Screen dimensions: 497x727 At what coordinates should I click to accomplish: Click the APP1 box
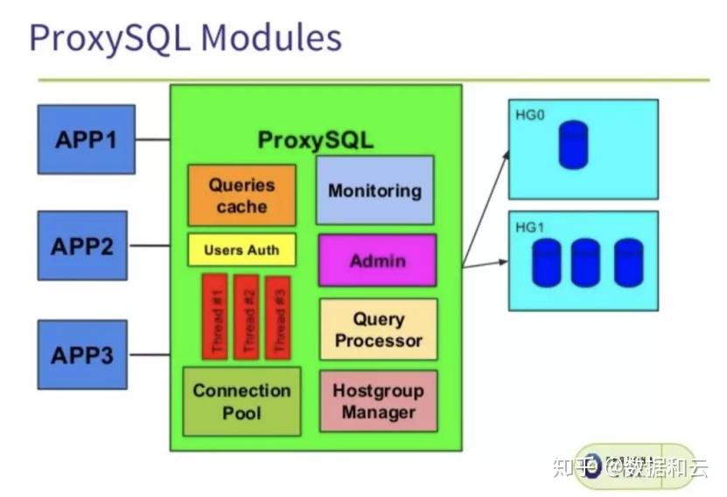tap(86, 139)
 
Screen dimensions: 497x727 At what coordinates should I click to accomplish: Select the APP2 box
tap(82, 246)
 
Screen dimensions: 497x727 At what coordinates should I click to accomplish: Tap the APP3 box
tap(82, 354)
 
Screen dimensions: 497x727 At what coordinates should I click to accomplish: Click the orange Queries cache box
tap(241, 196)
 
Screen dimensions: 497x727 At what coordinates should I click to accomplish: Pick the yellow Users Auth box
tap(241, 250)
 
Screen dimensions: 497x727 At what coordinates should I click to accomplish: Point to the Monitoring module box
tap(374, 190)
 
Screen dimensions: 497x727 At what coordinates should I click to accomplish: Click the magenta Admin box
tap(377, 260)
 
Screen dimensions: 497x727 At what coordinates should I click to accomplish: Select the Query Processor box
tap(378, 330)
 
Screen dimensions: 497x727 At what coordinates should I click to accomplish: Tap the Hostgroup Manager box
tap(378, 401)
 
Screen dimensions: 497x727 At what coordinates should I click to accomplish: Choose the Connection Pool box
tap(241, 402)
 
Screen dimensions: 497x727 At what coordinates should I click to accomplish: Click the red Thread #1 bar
tap(215, 317)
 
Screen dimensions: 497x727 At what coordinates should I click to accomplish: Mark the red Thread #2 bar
tap(247, 317)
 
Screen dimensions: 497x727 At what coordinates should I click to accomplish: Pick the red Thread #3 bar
tap(278, 317)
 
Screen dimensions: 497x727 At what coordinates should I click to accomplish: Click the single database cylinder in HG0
tap(573, 145)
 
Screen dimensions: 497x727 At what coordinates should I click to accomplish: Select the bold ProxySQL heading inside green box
tap(315, 140)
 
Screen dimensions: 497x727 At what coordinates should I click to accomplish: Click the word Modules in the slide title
tap(270, 38)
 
